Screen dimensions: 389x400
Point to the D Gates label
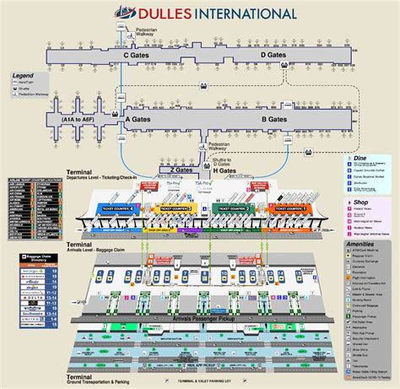pos(273,55)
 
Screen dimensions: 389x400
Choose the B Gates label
pos(275,120)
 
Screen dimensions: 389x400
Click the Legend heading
pos(23,76)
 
